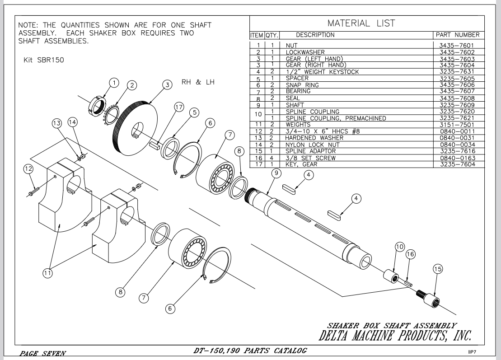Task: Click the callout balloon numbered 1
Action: pyautogui.click(x=114, y=83)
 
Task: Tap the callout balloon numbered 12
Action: pyautogui.click(x=29, y=169)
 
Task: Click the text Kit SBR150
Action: pyautogui.click(x=44, y=60)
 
